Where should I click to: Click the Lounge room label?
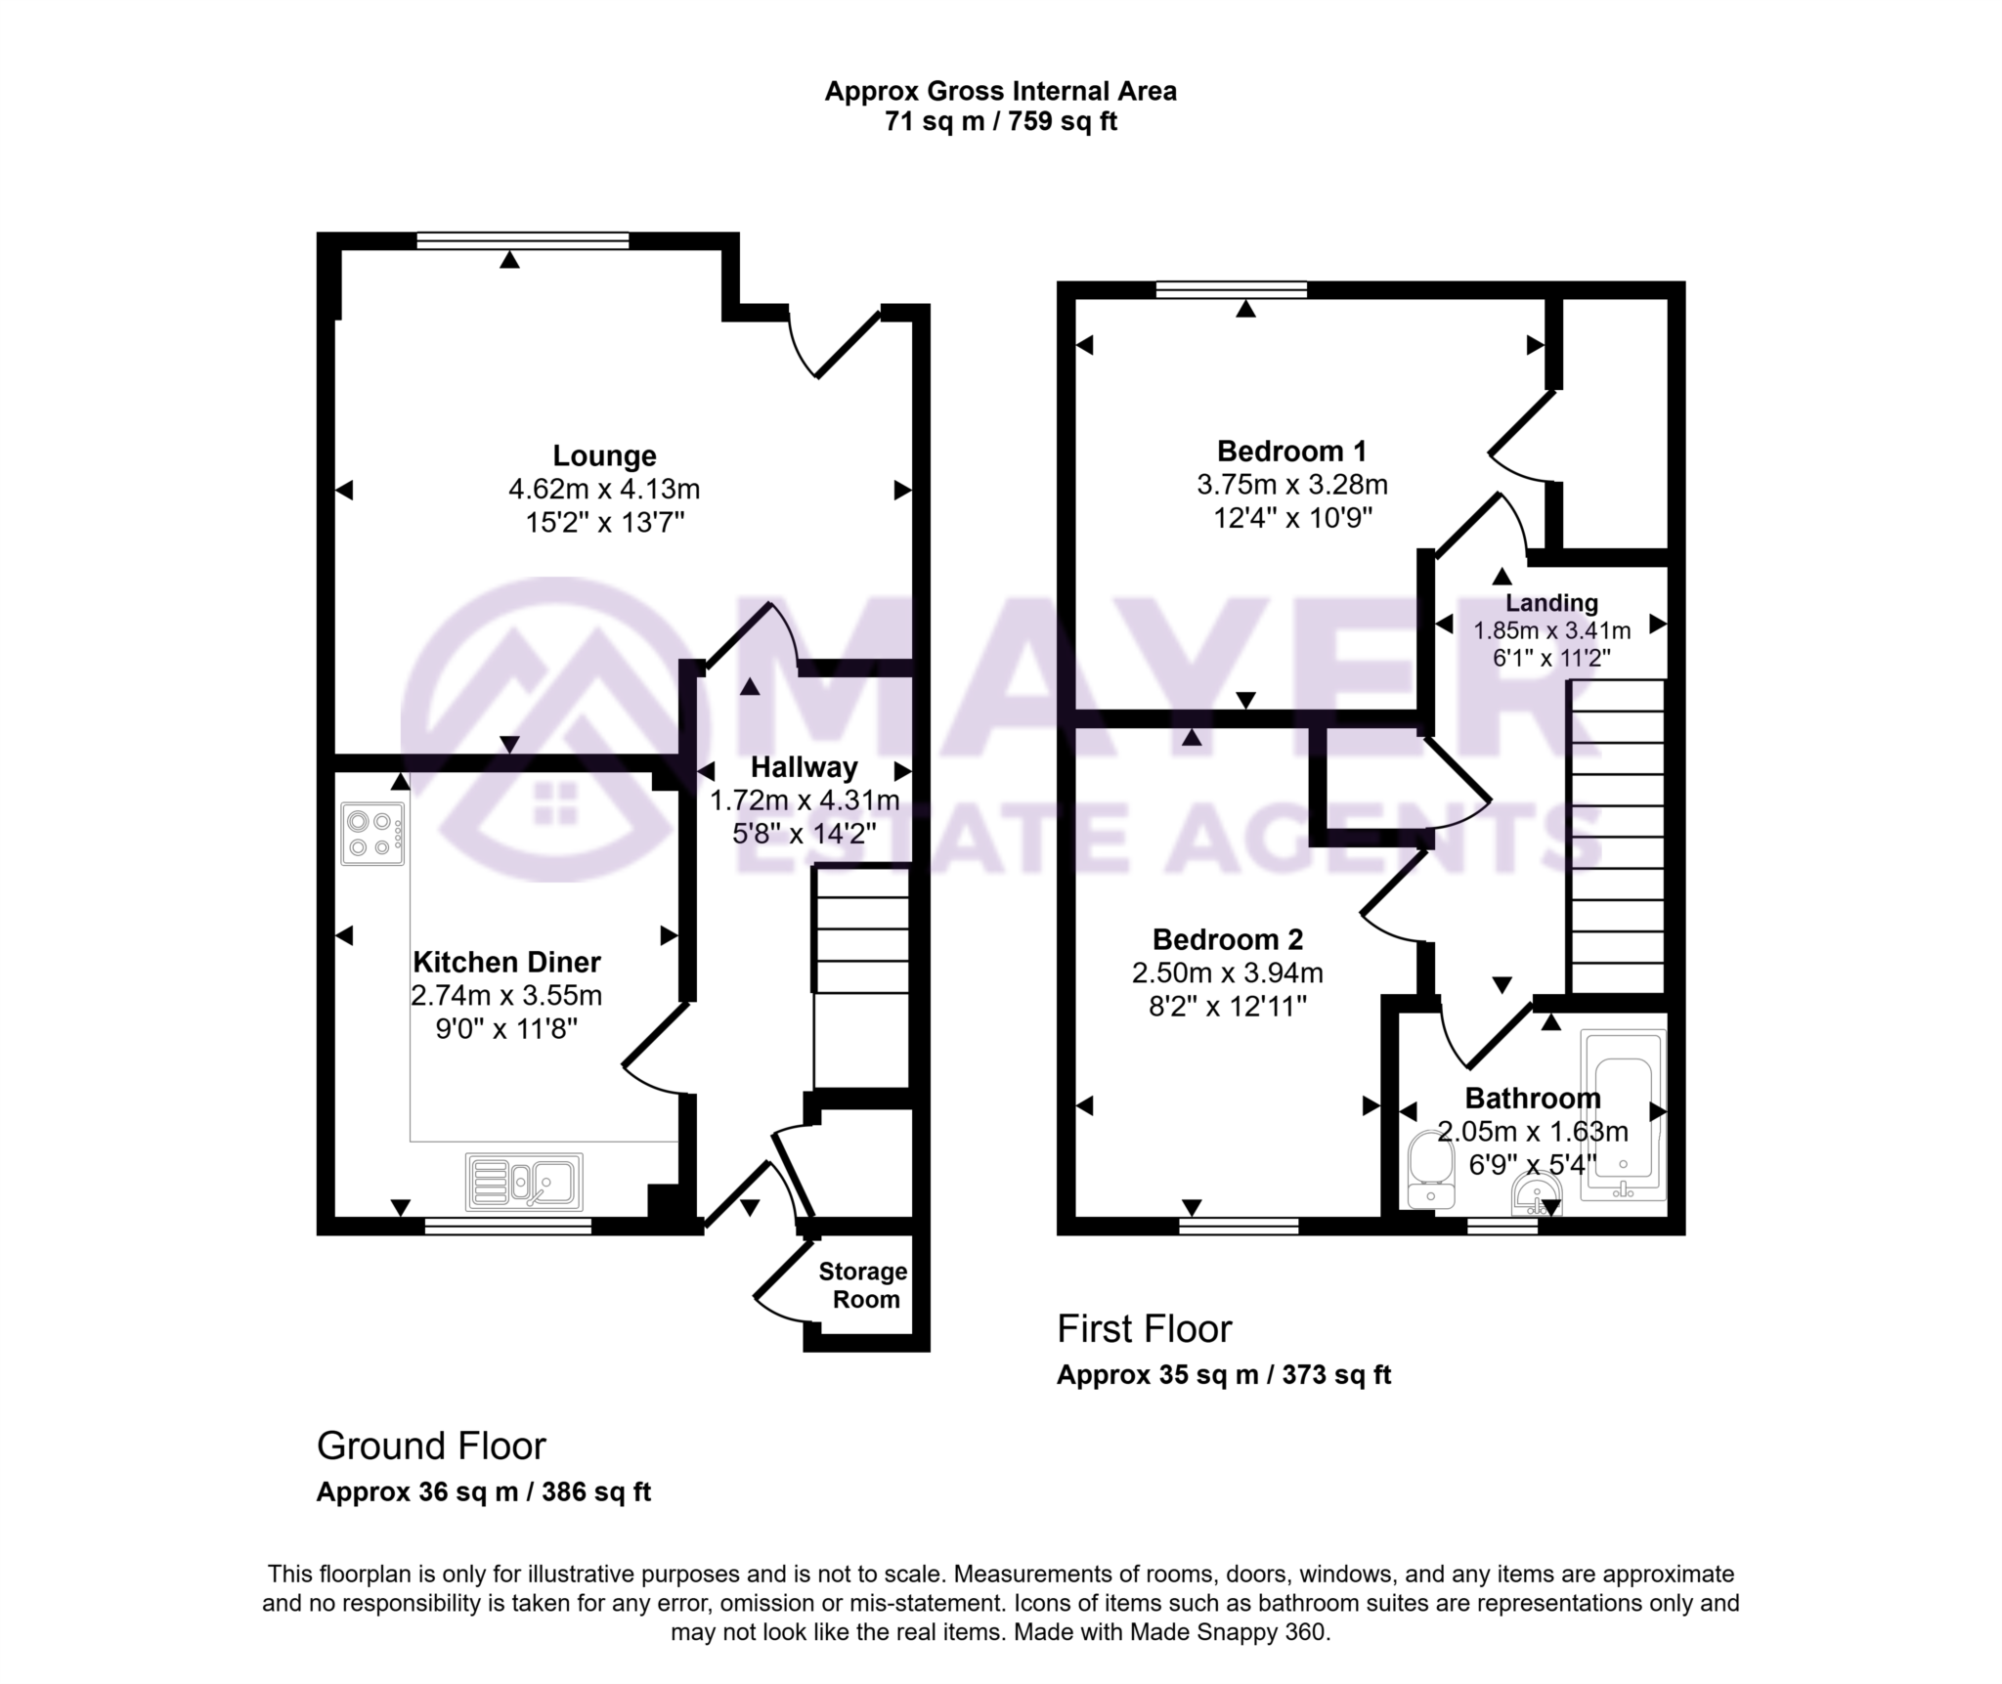tap(604, 455)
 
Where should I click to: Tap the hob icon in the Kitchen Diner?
tap(372, 834)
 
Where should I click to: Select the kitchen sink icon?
tap(525, 1181)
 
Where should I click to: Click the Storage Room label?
tap(862, 1285)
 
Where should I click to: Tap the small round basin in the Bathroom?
tap(1536, 1194)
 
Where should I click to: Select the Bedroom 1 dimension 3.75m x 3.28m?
tap(1291, 485)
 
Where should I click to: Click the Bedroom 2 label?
tap(1228, 939)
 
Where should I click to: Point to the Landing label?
tap(1551, 603)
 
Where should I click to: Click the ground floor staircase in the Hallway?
tap(861, 977)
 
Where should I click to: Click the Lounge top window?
tap(522, 240)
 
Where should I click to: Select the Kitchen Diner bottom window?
tap(507, 1226)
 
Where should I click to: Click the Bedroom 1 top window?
tap(1231, 289)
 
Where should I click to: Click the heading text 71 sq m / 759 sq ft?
tap(1000, 122)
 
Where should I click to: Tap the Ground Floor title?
tap(431, 1447)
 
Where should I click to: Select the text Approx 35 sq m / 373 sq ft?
tap(1223, 1375)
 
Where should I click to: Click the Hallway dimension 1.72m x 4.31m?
tap(804, 801)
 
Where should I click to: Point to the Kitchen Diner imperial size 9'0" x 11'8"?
tap(506, 1028)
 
